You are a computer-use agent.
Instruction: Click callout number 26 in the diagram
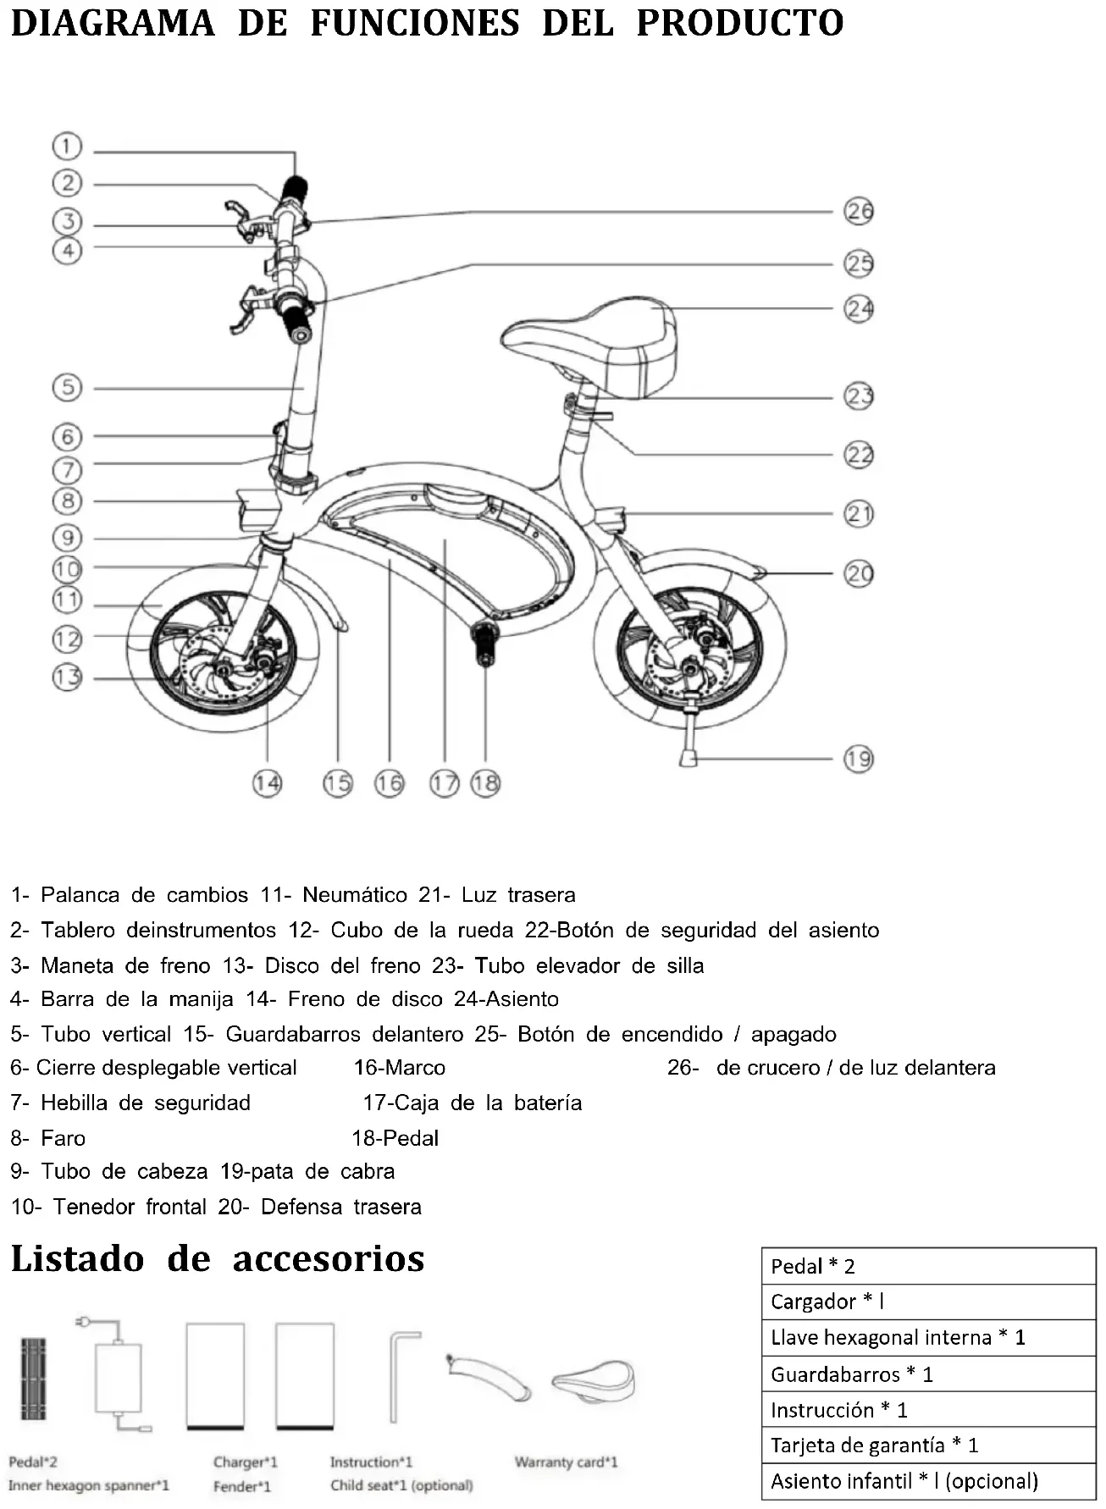859,211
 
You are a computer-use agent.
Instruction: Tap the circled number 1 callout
67,146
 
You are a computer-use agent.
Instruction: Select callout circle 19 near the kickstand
859,759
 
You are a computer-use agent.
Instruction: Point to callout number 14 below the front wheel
267,783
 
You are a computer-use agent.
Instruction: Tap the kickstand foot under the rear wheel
688,755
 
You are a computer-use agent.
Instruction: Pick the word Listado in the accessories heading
78,1259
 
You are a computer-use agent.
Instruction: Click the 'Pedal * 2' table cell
928,1266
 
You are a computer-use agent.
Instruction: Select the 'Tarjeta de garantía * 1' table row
928,1445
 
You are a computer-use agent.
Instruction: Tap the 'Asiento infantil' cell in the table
928,1481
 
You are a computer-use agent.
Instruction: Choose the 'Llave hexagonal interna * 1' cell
928,1337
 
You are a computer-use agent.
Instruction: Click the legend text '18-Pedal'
395,1138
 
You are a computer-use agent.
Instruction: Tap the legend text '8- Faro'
48,1138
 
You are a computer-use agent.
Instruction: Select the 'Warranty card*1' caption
566,1462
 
